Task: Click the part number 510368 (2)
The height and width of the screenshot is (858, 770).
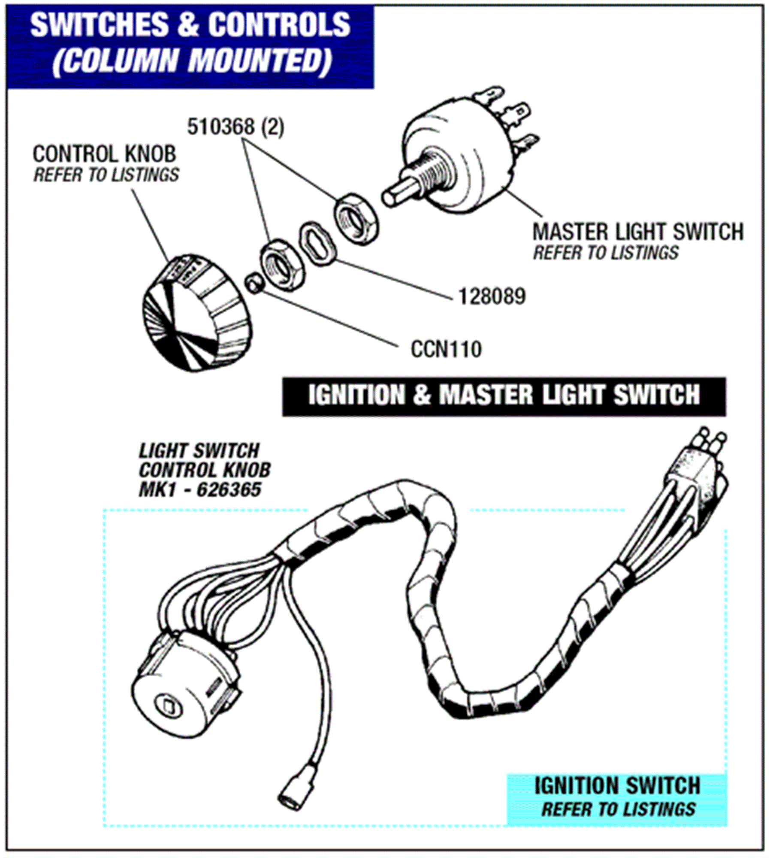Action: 235,127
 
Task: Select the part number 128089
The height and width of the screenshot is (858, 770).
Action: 492,296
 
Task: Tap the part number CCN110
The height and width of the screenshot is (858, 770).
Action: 446,349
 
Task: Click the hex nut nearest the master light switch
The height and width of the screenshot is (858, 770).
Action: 356,219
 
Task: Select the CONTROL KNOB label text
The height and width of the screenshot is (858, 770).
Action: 104,154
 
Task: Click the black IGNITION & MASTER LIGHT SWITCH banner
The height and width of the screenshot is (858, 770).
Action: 504,395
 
